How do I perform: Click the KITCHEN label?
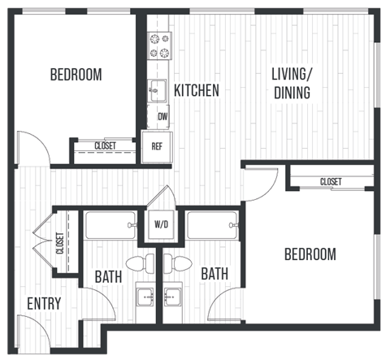196,90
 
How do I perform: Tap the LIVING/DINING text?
291,84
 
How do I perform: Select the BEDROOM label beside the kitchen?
76,75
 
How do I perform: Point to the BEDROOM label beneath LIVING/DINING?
310,254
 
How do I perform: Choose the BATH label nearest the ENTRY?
107,276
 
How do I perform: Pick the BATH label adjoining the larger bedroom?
214,274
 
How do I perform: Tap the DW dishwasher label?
162,116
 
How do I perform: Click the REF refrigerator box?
158,148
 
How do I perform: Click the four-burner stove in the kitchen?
158,46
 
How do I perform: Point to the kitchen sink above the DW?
158,91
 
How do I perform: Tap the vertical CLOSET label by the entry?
60,243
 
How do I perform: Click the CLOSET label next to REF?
105,146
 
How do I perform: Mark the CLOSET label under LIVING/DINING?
330,181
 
